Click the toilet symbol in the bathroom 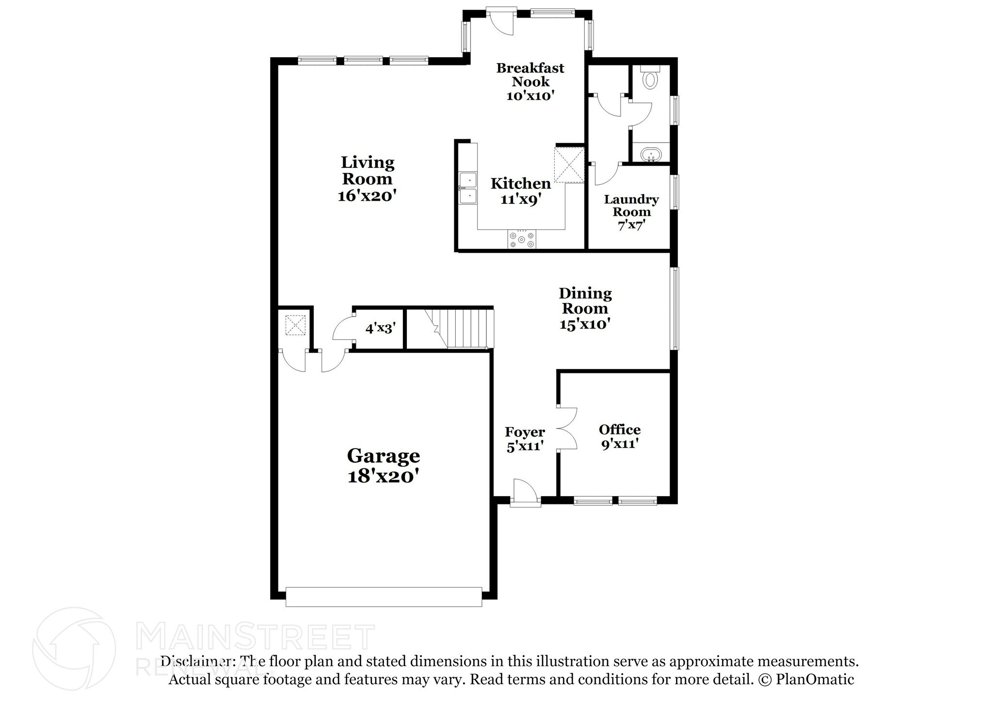point(650,78)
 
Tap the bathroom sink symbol point(651,155)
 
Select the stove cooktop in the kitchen point(522,239)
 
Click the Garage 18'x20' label point(383,466)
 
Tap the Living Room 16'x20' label point(368,178)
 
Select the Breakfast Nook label point(530,81)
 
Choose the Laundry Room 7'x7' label point(631,212)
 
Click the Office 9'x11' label point(620,436)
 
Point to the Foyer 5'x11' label point(525,439)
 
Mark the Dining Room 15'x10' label point(585,308)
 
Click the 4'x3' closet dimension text point(381,329)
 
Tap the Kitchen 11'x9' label point(521,191)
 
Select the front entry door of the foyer point(526,495)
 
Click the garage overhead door point(384,596)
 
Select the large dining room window point(674,308)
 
